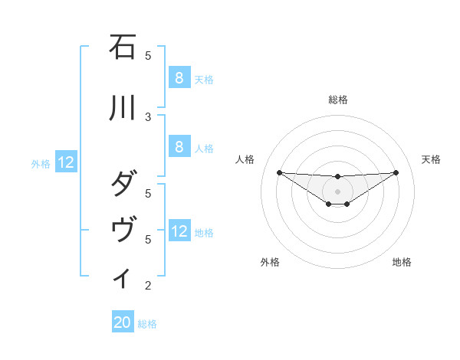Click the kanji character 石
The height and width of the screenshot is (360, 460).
(x=123, y=47)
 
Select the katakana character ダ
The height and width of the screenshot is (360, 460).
(x=123, y=185)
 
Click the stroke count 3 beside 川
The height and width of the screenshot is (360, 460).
(x=148, y=116)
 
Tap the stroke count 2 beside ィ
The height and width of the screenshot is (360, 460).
(x=148, y=286)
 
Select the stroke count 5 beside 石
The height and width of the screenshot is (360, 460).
(x=148, y=55)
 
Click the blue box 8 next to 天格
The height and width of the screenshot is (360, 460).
(x=179, y=77)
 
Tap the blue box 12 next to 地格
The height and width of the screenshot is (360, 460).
(x=179, y=231)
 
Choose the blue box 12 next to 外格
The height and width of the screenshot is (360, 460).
(x=65, y=162)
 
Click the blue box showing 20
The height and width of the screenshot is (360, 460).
(x=122, y=322)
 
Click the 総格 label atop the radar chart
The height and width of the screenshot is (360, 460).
(x=338, y=100)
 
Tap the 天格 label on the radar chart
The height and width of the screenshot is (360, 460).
(x=431, y=159)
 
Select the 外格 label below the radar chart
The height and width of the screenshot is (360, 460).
(x=270, y=262)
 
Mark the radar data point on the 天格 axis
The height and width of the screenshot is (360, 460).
(x=396, y=172)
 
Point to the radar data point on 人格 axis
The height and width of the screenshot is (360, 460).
(x=279, y=172)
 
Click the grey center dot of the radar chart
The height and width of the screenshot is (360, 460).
(x=337, y=191)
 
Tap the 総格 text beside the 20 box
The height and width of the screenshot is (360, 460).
(x=148, y=324)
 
